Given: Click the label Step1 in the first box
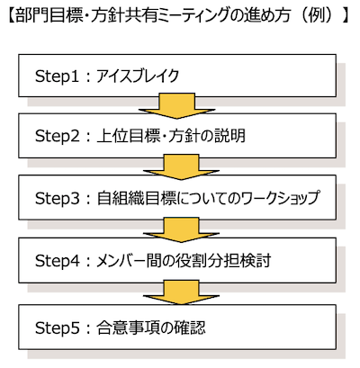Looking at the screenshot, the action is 57,76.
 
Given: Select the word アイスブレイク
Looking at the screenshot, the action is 138,76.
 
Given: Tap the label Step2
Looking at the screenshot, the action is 57,136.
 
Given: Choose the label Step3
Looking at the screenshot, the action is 57,198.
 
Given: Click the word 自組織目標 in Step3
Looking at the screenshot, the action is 137,198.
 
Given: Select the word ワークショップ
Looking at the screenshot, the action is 279,198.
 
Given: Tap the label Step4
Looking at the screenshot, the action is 57,260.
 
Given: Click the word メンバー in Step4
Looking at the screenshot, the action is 121,260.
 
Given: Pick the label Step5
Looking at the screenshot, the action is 57,328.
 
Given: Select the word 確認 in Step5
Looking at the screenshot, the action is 190,328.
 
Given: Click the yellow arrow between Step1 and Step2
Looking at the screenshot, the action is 176,105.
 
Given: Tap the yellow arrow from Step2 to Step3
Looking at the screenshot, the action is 181,167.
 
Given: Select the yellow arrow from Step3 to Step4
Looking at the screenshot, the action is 181,229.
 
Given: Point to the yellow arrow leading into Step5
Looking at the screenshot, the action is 181,292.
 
